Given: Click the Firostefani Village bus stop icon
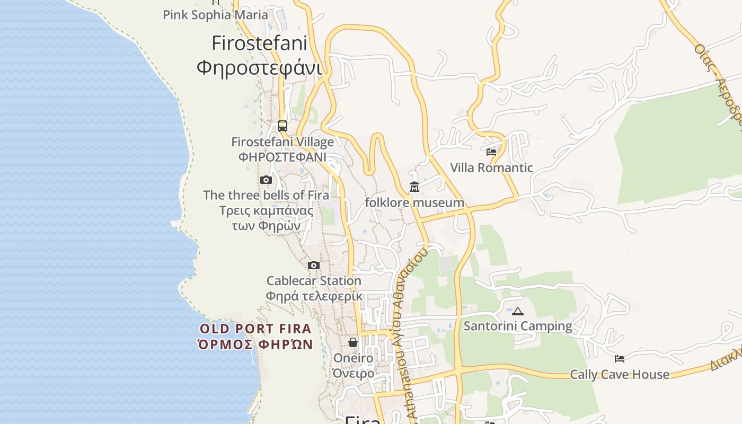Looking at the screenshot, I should point(282,126).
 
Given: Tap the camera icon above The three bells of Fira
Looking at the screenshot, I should point(266,180).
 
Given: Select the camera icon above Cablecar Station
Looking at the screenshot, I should point(314,265).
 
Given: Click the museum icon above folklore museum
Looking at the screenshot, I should point(414,187).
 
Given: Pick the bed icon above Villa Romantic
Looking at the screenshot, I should point(491,152).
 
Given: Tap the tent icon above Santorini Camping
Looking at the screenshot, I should point(518,311).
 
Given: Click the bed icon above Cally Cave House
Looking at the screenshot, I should point(619,359).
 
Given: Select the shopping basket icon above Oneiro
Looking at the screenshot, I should point(353,343).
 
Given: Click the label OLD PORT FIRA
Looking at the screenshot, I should point(255,329).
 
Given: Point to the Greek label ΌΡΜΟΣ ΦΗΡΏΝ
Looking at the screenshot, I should point(255,344).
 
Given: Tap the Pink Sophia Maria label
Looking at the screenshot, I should point(215,15).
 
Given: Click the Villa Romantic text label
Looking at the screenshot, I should point(491,168).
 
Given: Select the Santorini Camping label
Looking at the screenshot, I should point(518,326).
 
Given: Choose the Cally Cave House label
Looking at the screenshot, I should point(619,375).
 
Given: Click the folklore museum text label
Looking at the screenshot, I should point(414,202).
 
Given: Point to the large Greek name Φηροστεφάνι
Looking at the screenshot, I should point(260,68).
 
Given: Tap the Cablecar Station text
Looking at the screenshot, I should point(314,281).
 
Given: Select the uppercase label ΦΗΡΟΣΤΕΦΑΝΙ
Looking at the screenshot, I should point(282,157).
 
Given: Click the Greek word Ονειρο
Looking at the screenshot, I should point(353,373).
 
